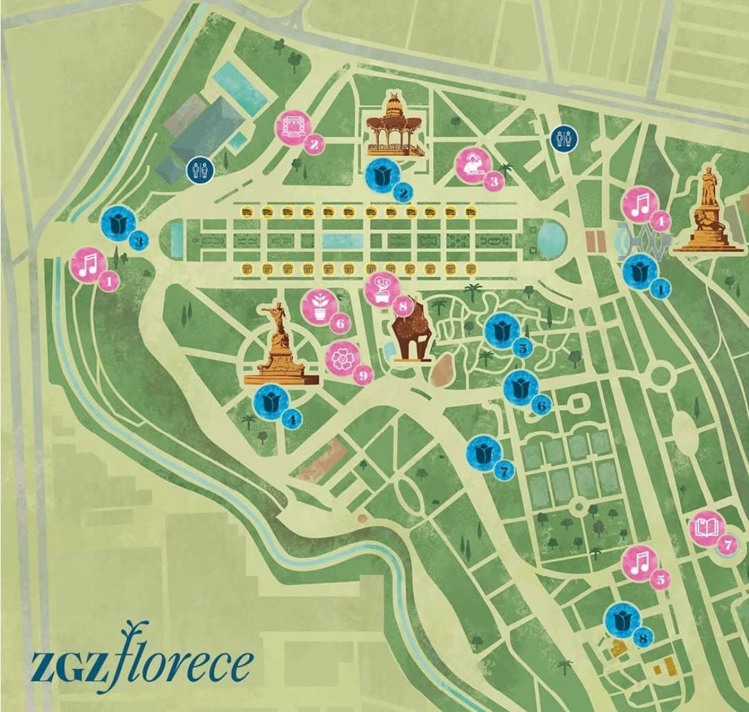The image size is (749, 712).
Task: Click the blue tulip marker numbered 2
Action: [x=385, y=174]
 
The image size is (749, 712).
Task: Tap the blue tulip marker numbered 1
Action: [x=640, y=272]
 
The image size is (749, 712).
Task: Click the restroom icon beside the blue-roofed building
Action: [x=197, y=170]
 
